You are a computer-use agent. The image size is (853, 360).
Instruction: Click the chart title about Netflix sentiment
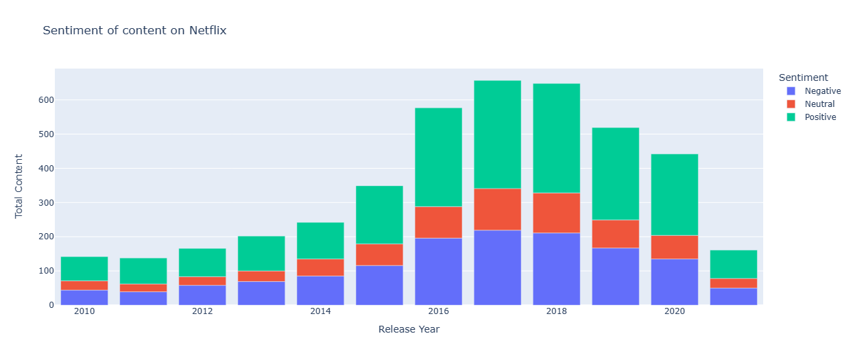[x=134, y=30]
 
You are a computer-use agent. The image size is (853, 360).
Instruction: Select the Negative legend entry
[x=822, y=91]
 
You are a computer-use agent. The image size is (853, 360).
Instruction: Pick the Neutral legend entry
[x=819, y=104]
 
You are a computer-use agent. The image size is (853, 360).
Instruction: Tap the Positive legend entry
[x=820, y=117]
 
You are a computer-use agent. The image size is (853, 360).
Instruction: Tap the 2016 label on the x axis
[x=438, y=312]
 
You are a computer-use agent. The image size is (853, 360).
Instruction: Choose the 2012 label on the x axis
[x=202, y=312]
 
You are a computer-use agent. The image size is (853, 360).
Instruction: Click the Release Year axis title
[x=409, y=329]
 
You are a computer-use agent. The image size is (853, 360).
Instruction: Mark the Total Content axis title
[x=19, y=187]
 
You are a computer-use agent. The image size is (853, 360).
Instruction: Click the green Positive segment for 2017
[x=497, y=134]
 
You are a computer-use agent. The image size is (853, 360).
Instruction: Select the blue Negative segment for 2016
[x=438, y=272]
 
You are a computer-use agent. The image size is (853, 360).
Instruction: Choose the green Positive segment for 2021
[x=734, y=264]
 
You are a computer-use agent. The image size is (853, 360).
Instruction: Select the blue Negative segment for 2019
[x=615, y=276]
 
